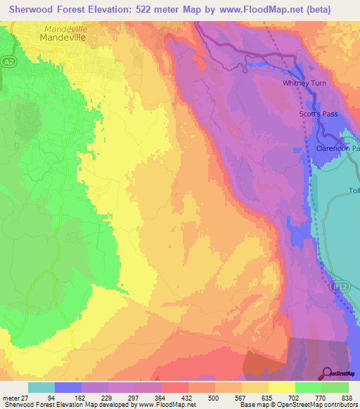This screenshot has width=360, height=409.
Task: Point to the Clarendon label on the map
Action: point(337,150)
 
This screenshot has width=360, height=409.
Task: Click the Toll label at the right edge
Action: point(354,191)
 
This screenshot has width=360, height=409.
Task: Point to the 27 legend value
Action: point(27,398)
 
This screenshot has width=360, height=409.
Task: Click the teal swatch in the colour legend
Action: point(41,387)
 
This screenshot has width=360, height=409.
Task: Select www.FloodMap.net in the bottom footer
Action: point(169,405)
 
